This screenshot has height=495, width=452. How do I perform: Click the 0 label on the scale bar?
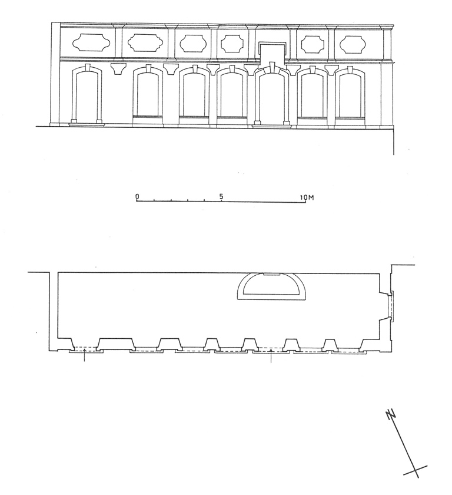click(137, 196)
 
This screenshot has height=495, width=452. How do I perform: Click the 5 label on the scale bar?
click(221, 196)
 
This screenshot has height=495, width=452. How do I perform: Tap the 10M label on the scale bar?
click(307, 197)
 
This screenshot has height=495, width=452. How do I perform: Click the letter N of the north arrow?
click(391, 414)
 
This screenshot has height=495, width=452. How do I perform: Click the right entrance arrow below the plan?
click(271, 355)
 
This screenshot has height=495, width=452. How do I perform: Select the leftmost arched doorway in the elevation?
click(87, 95)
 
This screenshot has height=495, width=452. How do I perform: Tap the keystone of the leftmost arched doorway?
click(88, 68)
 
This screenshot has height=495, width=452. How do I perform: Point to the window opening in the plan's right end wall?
click(391, 306)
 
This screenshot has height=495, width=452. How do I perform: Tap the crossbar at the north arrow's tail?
click(416, 470)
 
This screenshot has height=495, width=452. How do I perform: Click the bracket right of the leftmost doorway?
click(118, 69)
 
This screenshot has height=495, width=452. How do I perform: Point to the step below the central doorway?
click(272, 126)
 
